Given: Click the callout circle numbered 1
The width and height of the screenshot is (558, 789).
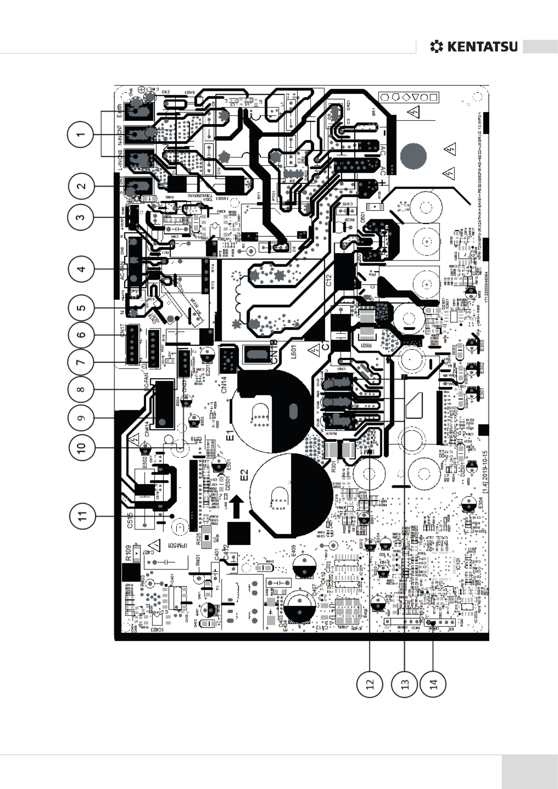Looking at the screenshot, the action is click(x=81, y=134).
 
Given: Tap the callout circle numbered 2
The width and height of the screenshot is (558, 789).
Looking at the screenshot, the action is click(x=81, y=186).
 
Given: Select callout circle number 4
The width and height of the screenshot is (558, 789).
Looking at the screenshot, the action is click(x=81, y=269).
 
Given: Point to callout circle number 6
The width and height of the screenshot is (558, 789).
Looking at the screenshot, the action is click(x=81, y=335).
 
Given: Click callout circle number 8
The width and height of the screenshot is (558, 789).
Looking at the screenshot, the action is click(x=81, y=390).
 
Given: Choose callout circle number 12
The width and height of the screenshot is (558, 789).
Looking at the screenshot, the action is click(x=370, y=684).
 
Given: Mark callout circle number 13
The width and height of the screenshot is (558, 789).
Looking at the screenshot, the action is click(x=405, y=684).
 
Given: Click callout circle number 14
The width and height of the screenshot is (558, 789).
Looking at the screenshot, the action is click(x=433, y=684).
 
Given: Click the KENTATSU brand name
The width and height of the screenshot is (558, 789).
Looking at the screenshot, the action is click(x=482, y=47).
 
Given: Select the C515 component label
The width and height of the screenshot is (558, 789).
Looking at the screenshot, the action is click(x=131, y=520).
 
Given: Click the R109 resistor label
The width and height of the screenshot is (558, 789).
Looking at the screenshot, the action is click(x=128, y=553).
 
